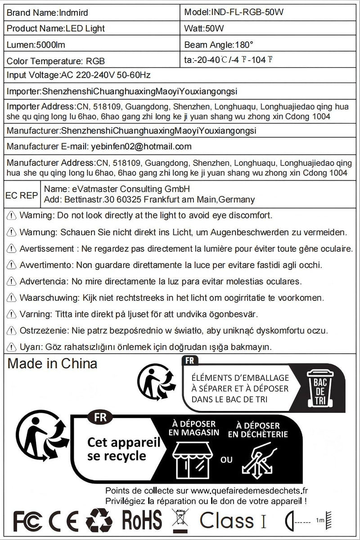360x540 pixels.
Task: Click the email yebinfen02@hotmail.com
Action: pos(140,146)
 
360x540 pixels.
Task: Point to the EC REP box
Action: pos(21,196)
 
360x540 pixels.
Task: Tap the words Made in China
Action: pos(52,363)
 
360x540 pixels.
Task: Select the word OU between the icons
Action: pos(226,460)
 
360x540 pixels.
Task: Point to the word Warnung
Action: pos(36,232)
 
